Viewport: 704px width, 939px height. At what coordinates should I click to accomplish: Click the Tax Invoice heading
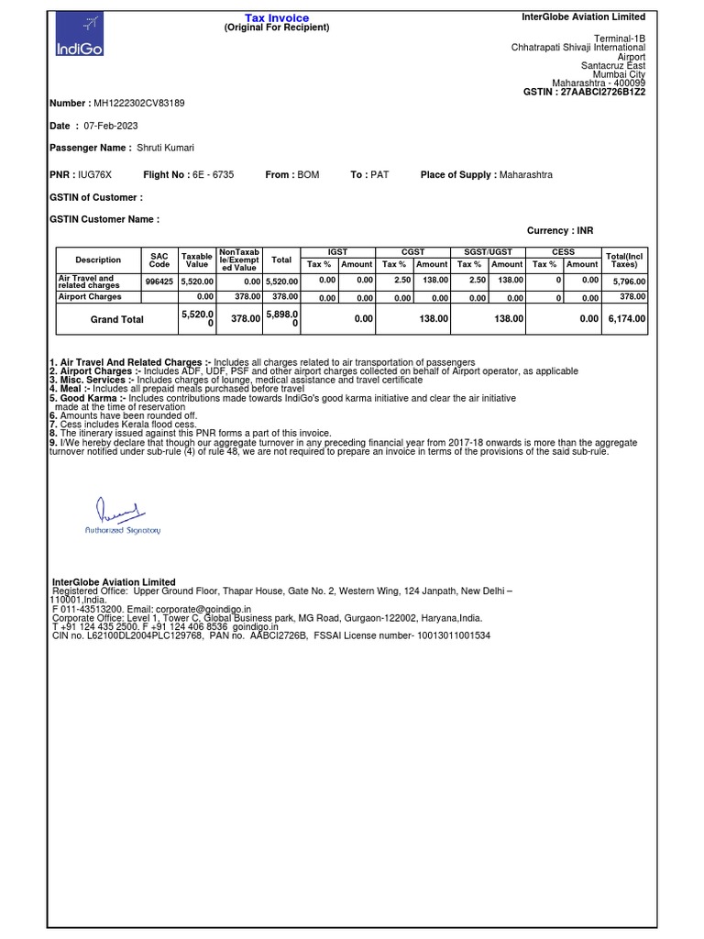pyautogui.click(x=276, y=18)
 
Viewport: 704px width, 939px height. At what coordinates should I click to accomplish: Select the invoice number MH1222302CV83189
pyautogui.click(x=139, y=104)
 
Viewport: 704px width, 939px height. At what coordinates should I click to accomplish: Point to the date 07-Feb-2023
pyautogui.click(x=112, y=126)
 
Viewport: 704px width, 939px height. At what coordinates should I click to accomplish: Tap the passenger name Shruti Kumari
pyautogui.click(x=165, y=148)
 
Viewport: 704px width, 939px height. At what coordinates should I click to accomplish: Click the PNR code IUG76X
pyautogui.click(x=94, y=174)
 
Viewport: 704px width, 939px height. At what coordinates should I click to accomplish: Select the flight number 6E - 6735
pyautogui.click(x=214, y=174)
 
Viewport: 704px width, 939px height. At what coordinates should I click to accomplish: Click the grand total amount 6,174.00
pyautogui.click(x=626, y=319)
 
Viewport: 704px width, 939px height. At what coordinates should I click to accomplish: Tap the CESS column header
pyautogui.click(x=563, y=251)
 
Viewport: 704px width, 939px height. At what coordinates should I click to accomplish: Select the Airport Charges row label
pyautogui.click(x=90, y=297)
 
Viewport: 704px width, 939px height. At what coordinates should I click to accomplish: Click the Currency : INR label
pyautogui.click(x=560, y=231)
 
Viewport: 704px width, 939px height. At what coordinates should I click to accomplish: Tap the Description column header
pyautogui.click(x=98, y=260)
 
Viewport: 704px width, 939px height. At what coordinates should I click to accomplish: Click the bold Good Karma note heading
pyautogui.click(x=89, y=399)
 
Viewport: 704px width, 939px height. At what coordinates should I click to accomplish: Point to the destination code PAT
pyautogui.click(x=379, y=174)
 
